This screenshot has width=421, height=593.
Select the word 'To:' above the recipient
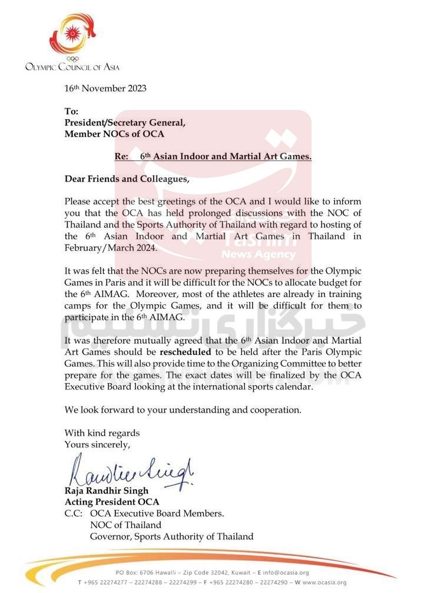(x=71, y=111)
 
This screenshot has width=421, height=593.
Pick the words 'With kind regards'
(x=102, y=433)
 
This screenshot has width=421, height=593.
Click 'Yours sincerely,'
(x=98, y=444)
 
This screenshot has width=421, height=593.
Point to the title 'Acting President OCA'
(x=111, y=502)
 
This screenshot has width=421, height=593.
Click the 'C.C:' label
(x=75, y=513)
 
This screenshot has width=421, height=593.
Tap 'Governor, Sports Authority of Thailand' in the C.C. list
(x=171, y=536)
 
